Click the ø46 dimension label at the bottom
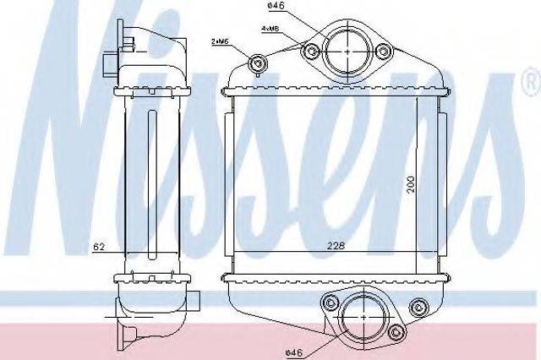294,352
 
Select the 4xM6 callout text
270,29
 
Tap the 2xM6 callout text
220,41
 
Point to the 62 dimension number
99,247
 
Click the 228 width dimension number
336,246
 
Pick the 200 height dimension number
410,184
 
